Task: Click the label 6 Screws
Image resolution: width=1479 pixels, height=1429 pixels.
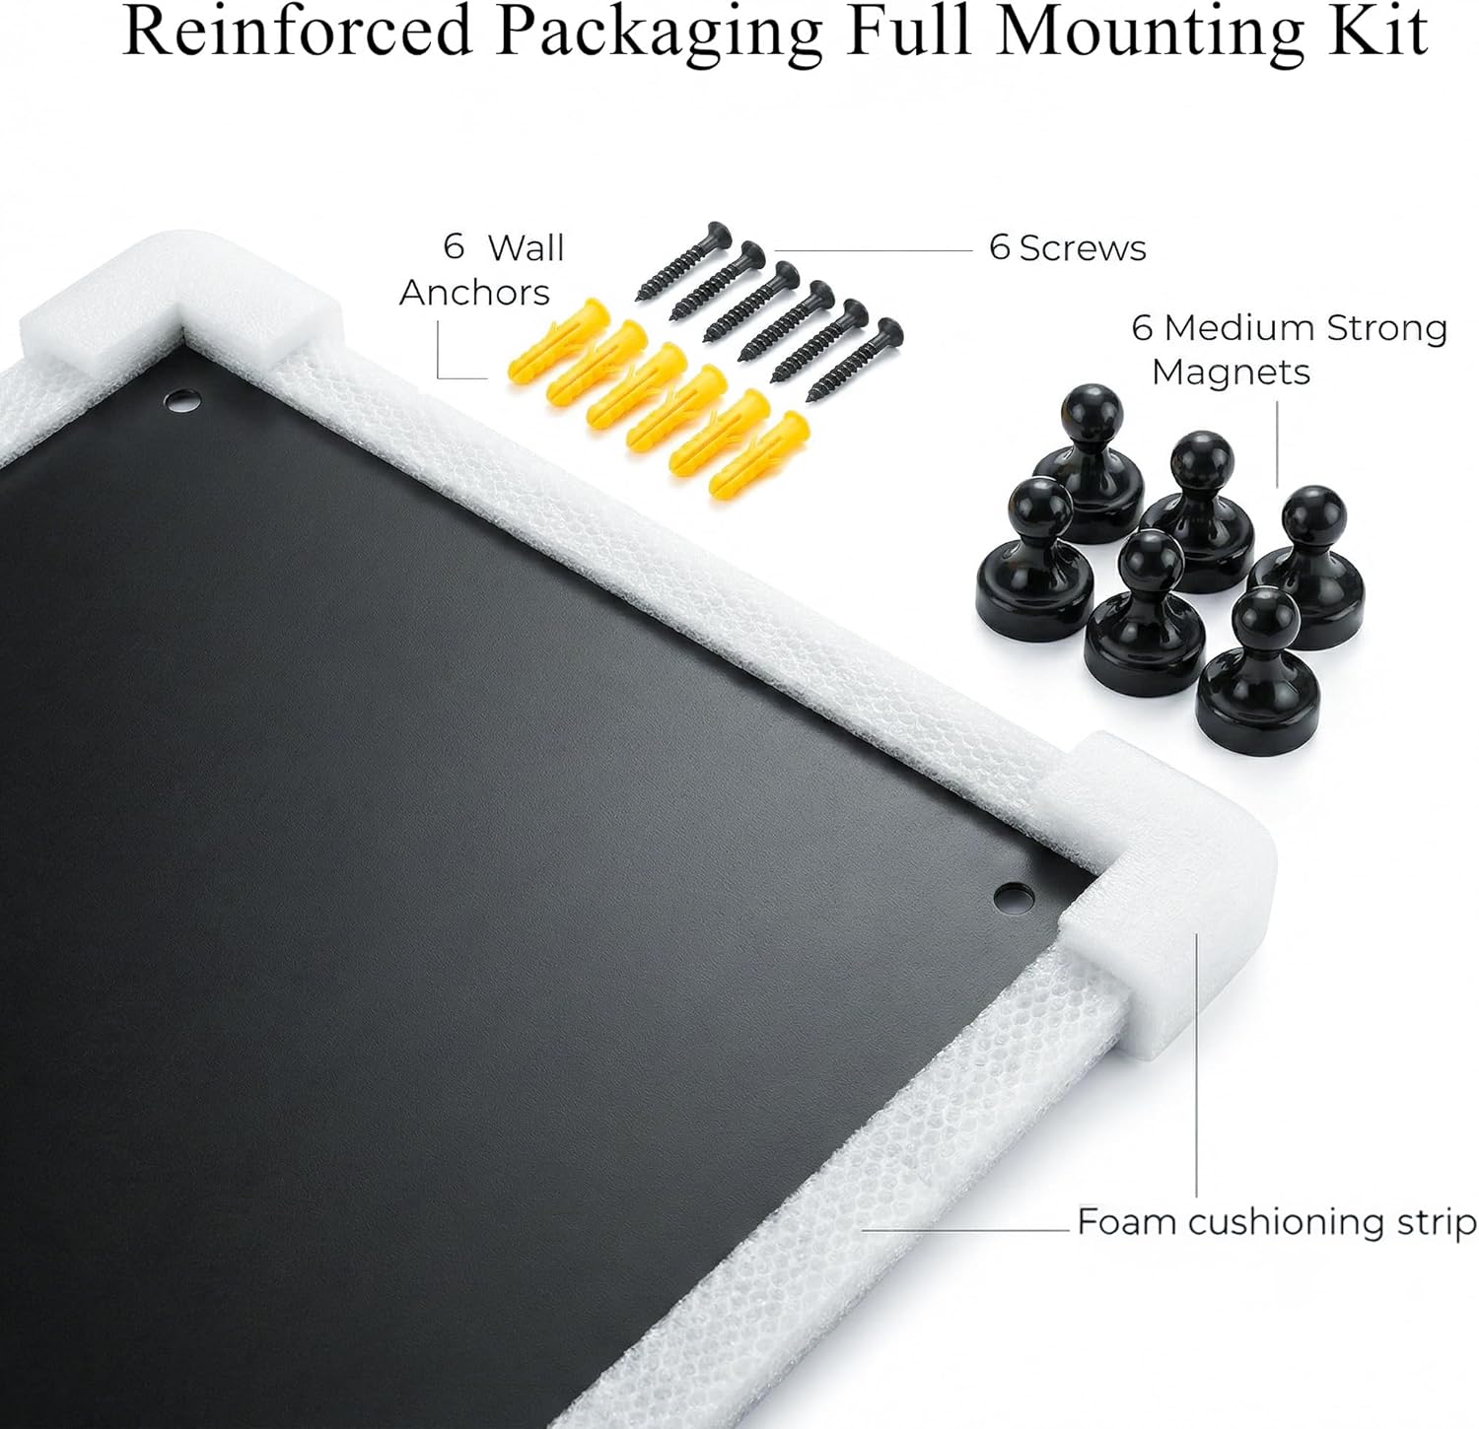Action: [x=1067, y=247]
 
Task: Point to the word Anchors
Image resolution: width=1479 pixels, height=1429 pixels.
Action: [x=474, y=293]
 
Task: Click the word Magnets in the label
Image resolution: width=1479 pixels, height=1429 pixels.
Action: [x=1231, y=373]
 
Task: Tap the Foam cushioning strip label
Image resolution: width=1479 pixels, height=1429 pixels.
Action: [x=1276, y=1222]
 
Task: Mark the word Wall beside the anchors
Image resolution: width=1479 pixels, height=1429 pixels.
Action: [x=527, y=247]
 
